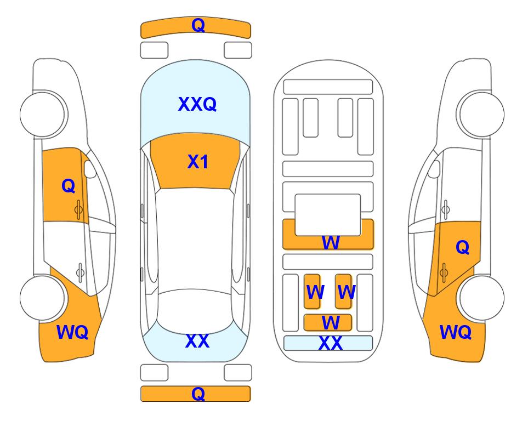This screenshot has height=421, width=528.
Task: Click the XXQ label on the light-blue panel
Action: [197, 104]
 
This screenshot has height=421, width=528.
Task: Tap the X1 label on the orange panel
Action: [198, 162]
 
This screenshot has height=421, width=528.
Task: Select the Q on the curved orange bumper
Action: [198, 25]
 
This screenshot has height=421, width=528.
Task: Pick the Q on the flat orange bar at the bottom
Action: [198, 394]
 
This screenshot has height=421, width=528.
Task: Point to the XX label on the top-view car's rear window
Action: [197, 341]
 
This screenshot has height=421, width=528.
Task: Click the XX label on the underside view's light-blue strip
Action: [330, 343]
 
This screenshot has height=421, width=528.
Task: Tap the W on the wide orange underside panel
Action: [331, 242]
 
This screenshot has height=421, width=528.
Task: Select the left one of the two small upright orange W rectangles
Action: [312, 291]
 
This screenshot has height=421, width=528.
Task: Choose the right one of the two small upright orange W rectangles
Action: [343, 291]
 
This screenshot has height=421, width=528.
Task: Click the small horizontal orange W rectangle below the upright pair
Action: [328, 323]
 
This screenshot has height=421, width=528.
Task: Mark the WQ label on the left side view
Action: [72, 332]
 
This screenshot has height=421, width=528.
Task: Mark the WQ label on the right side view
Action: [456, 332]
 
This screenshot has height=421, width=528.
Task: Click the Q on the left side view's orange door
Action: [69, 186]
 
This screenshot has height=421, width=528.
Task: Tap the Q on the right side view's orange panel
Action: [463, 247]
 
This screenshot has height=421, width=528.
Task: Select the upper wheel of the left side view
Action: [42, 114]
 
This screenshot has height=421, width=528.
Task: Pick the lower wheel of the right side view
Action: [482, 298]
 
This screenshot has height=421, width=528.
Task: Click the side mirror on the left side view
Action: [90, 169]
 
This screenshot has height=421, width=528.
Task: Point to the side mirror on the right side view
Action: [434, 169]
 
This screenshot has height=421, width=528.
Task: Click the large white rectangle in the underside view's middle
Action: [328, 215]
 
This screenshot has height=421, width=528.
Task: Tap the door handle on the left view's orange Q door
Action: [78, 210]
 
